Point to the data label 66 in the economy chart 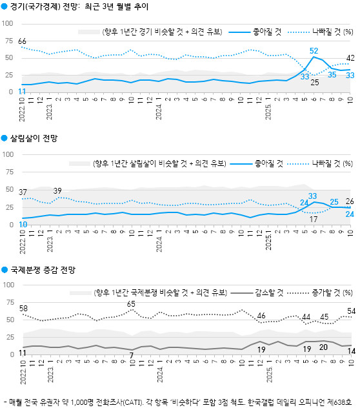click(x=22, y=41)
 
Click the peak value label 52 click(x=314, y=50)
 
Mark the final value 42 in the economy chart click(x=350, y=58)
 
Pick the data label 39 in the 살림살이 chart click(x=57, y=190)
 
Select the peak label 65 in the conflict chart click(x=131, y=303)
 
